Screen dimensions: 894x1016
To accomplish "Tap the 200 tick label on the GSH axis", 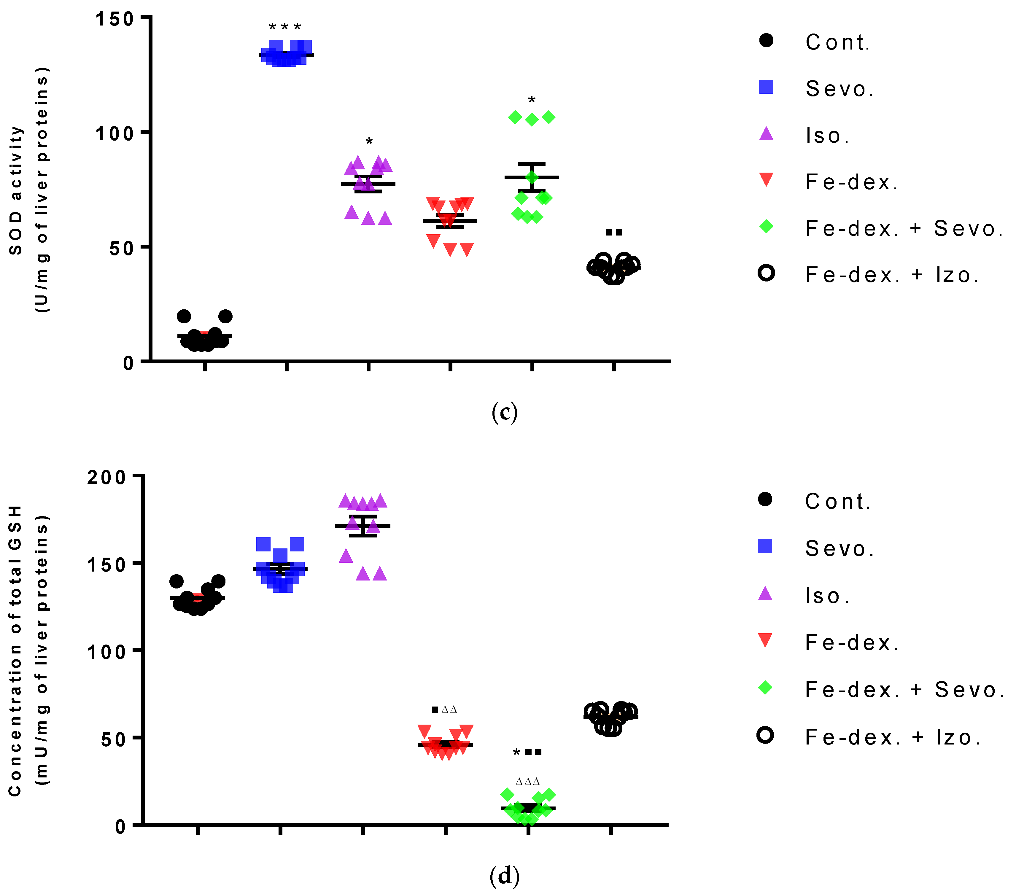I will [x=107, y=478].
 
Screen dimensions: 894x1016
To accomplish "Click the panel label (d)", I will [x=505, y=876].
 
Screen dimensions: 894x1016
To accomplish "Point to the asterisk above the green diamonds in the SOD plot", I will [x=531, y=100].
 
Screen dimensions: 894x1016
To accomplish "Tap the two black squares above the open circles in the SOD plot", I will [x=614, y=232].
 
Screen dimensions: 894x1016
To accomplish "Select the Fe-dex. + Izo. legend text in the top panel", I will [x=893, y=275].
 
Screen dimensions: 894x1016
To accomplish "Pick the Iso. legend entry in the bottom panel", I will [x=828, y=596].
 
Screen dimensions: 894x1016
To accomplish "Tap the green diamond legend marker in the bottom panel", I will [x=765, y=688].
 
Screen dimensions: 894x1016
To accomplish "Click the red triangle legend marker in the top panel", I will [x=767, y=179].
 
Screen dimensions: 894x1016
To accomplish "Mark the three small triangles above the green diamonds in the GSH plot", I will [x=527, y=782].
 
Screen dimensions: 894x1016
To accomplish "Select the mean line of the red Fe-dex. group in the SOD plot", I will [x=450, y=221].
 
